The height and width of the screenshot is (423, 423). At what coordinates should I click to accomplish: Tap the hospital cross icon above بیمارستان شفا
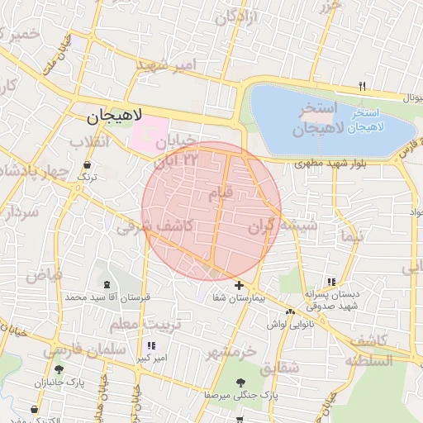point(240,285)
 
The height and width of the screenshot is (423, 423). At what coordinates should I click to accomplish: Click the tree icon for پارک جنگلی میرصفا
point(240,383)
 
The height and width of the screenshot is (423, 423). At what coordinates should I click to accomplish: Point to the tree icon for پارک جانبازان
point(59,369)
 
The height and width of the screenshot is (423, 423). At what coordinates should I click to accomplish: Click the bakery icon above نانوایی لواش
point(290,312)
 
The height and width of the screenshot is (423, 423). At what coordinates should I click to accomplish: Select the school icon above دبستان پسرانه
point(331,281)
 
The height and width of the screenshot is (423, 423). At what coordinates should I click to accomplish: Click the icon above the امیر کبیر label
point(150,345)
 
